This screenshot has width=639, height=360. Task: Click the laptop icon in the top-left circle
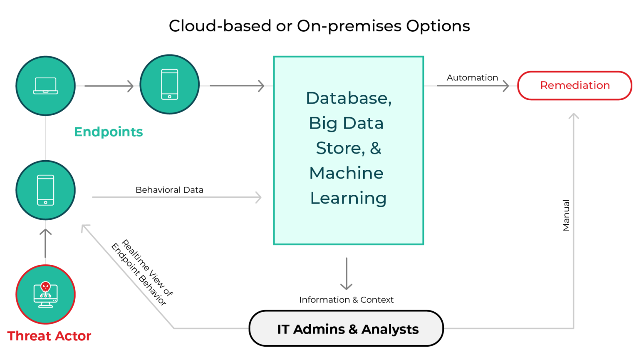(45, 86)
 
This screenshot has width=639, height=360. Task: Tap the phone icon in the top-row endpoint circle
(169, 84)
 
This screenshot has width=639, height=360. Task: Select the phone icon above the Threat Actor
(45, 190)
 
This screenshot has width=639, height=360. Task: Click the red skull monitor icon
(45, 294)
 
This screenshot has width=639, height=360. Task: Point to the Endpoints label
(108, 132)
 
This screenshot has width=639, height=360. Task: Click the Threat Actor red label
(49, 336)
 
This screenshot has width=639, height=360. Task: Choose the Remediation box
(575, 85)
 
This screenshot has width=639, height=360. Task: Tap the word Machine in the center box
(346, 173)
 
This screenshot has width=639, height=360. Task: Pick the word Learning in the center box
(348, 198)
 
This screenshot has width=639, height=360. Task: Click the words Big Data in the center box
(346, 123)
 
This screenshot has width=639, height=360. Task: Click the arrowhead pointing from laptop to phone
(131, 86)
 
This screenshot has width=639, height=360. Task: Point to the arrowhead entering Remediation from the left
(506, 86)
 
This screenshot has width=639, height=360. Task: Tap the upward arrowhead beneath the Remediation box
(574, 116)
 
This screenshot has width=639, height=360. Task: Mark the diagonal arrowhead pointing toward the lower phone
(84, 228)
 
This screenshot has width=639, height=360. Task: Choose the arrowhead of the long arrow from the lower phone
(258, 197)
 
